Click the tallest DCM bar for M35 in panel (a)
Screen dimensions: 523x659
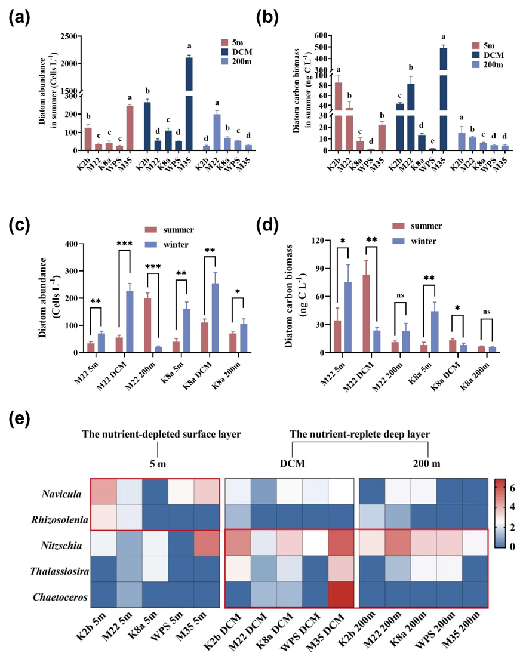(x=189, y=103)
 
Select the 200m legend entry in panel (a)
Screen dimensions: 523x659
(x=236, y=61)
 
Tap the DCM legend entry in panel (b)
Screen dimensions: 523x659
(x=488, y=55)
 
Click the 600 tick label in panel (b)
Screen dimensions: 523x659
(x=321, y=36)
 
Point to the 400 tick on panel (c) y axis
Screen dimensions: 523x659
(x=72, y=244)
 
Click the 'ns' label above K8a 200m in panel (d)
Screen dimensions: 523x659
(x=487, y=312)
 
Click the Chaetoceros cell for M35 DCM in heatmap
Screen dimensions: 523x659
(x=341, y=595)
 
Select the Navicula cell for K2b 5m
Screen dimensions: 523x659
(x=103, y=491)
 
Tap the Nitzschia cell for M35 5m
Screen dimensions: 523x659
(x=207, y=543)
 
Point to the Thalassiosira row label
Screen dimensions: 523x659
(x=59, y=571)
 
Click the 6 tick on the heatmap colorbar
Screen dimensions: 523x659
(x=512, y=488)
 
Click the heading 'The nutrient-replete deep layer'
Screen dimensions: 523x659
(x=359, y=434)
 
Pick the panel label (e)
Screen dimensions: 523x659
(x=19, y=419)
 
